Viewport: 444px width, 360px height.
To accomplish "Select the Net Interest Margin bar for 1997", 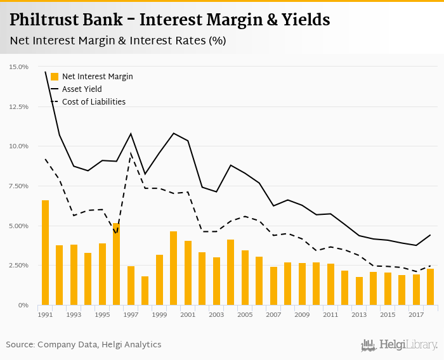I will tap(131, 285).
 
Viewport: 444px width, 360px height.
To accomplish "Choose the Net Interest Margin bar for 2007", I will tap(273, 286).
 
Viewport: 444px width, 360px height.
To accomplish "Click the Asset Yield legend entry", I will tap(82, 89).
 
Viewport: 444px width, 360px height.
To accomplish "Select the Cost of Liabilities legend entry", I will tap(93, 101).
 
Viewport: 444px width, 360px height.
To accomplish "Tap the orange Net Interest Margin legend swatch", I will tap(54, 77).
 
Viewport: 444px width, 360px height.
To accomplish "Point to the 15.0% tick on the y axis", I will tap(19, 67).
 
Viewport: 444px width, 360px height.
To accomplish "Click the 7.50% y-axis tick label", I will tap(19, 186).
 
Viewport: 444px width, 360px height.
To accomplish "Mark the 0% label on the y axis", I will tap(23, 305).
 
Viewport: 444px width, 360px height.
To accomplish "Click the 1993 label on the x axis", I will tap(74, 315).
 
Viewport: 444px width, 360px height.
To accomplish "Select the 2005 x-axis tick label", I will tap(245, 315).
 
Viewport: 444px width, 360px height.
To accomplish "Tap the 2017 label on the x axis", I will tap(416, 315).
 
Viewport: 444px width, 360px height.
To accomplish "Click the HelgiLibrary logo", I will tap(400, 345).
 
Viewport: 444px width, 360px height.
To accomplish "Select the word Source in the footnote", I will tap(20, 345).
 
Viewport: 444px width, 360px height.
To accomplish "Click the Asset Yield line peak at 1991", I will tap(45, 72).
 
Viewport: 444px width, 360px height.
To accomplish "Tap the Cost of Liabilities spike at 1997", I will tap(131, 153).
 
